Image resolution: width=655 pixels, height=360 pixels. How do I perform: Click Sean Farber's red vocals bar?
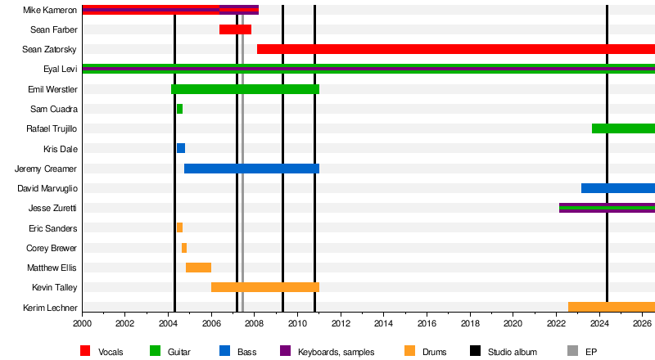(x=235, y=29)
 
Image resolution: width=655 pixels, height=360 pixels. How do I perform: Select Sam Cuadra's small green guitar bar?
(x=179, y=109)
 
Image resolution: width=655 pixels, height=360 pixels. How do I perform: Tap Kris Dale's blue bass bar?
(x=181, y=148)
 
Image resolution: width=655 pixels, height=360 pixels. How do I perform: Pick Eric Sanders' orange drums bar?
(x=179, y=227)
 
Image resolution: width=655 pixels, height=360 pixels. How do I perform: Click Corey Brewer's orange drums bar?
(x=184, y=248)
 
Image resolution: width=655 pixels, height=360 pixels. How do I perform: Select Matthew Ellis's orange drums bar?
(x=198, y=268)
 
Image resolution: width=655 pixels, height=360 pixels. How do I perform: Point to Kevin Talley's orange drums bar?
(x=265, y=287)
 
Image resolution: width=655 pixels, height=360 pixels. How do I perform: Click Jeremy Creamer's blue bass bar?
(x=252, y=169)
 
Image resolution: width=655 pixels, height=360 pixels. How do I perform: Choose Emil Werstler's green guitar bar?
(x=245, y=89)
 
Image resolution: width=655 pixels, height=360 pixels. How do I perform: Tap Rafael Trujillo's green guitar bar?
(x=623, y=128)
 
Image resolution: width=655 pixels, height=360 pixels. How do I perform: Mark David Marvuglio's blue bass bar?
(x=618, y=188)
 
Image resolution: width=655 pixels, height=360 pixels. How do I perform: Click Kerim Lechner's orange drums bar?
(x=612, y=307)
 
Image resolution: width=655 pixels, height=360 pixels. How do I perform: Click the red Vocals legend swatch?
(x=85, y=351)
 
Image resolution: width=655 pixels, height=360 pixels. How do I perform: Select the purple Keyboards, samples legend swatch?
(x=285, y=351)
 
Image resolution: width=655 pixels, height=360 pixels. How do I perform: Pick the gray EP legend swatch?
(x=572, y=351)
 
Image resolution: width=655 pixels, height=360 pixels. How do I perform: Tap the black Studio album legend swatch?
(x=475, y=351)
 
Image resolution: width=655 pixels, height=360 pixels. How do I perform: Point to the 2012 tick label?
(x=341, y=323)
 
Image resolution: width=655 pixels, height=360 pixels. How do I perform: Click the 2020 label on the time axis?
(x=513, y=323)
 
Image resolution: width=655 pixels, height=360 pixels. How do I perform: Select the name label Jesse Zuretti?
(x=52, y=208)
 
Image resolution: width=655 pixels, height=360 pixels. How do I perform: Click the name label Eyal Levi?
(x=61, y=69)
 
